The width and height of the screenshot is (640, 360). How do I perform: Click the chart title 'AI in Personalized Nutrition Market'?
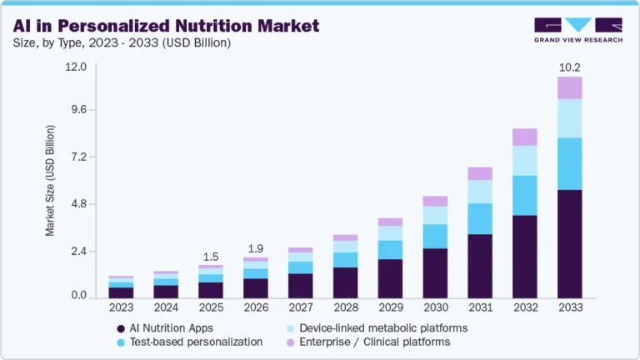coord(166,26)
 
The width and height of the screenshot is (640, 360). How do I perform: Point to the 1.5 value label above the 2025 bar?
coord(211,257)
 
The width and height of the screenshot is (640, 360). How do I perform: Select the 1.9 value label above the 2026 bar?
coord(256,248)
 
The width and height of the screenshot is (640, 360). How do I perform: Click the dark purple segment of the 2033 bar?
coord(570,243)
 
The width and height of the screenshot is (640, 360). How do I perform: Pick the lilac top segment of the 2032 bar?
coord(525,137)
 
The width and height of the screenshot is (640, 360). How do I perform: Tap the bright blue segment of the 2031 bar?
coord(480,218)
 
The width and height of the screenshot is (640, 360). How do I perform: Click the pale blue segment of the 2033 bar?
coord(570,118)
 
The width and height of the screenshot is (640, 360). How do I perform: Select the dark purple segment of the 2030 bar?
coord(435,272)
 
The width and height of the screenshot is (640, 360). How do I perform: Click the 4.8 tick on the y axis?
coord(78,204)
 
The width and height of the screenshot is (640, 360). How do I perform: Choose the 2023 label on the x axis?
coord(121,308)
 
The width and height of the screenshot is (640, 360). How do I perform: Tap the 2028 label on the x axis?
coord(345,308)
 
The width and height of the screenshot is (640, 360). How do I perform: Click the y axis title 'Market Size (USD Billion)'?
coord(51,181)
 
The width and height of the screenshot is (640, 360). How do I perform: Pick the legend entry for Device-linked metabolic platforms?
coord(377,328)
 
